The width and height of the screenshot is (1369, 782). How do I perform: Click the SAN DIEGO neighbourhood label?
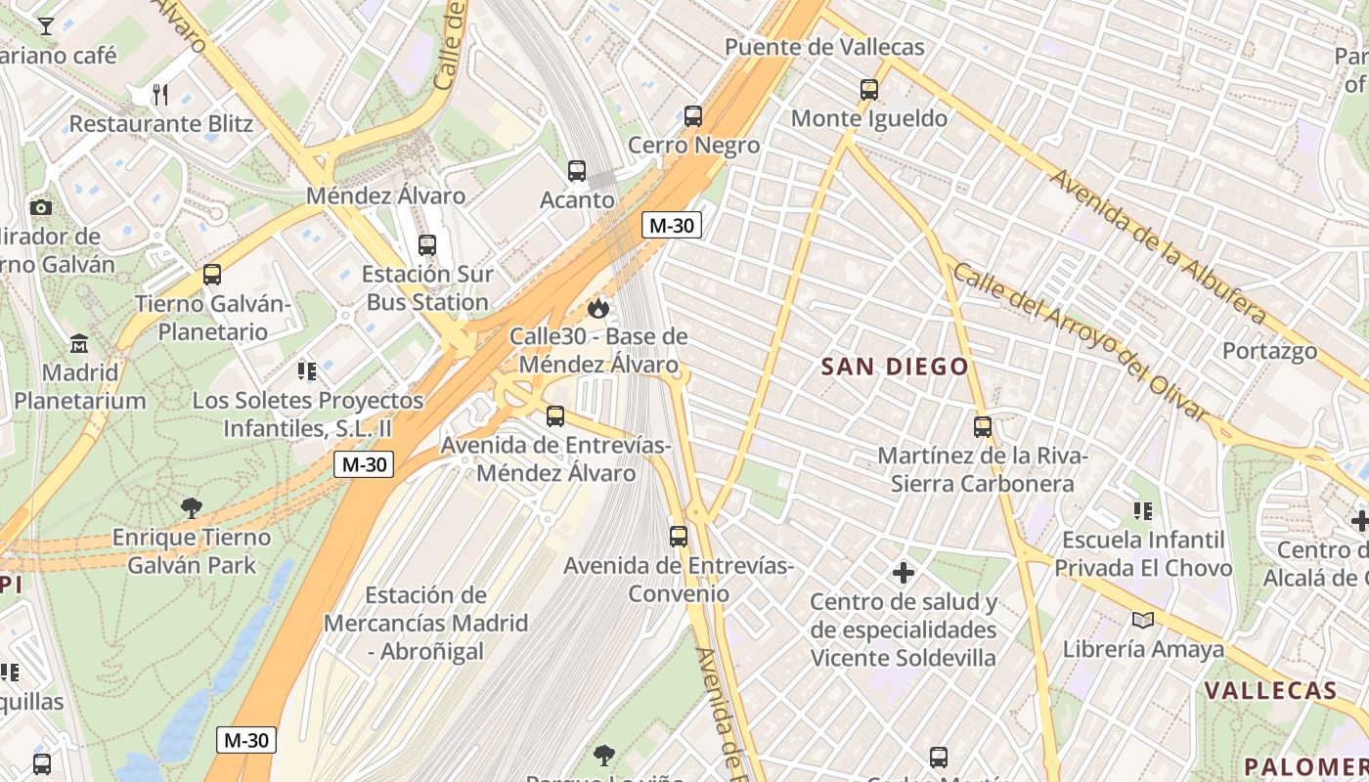[895, 368]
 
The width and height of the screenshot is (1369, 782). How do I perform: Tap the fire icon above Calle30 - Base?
[597, 309]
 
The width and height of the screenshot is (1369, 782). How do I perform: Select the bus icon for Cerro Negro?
[693, 116]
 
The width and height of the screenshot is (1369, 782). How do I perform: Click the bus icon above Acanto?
[577, 171]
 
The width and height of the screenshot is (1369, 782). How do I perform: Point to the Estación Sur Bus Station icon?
[427, 245]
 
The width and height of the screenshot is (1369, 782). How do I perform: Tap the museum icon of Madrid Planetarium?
[79, 344]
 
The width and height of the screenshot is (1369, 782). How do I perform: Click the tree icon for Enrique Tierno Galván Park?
[192, 507]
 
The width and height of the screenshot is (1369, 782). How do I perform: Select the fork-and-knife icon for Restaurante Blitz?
[161, 95]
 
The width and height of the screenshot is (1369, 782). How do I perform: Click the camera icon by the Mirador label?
[41, 207]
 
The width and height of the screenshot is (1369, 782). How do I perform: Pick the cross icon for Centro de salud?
[904, 572]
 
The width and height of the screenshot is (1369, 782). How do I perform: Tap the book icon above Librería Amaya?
[1142, 620]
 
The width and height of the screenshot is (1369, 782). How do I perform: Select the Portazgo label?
[1269, 351]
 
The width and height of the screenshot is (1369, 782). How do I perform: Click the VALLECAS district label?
[1270, 690]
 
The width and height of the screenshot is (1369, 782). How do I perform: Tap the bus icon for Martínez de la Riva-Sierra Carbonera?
[983, 427]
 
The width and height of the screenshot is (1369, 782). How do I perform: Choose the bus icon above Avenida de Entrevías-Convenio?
[679, 536]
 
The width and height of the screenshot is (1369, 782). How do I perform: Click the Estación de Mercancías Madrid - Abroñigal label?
[425, 623]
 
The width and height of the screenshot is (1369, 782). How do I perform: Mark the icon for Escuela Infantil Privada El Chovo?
[1142, 510]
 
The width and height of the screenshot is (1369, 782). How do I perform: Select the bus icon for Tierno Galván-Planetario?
[212, 275]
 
